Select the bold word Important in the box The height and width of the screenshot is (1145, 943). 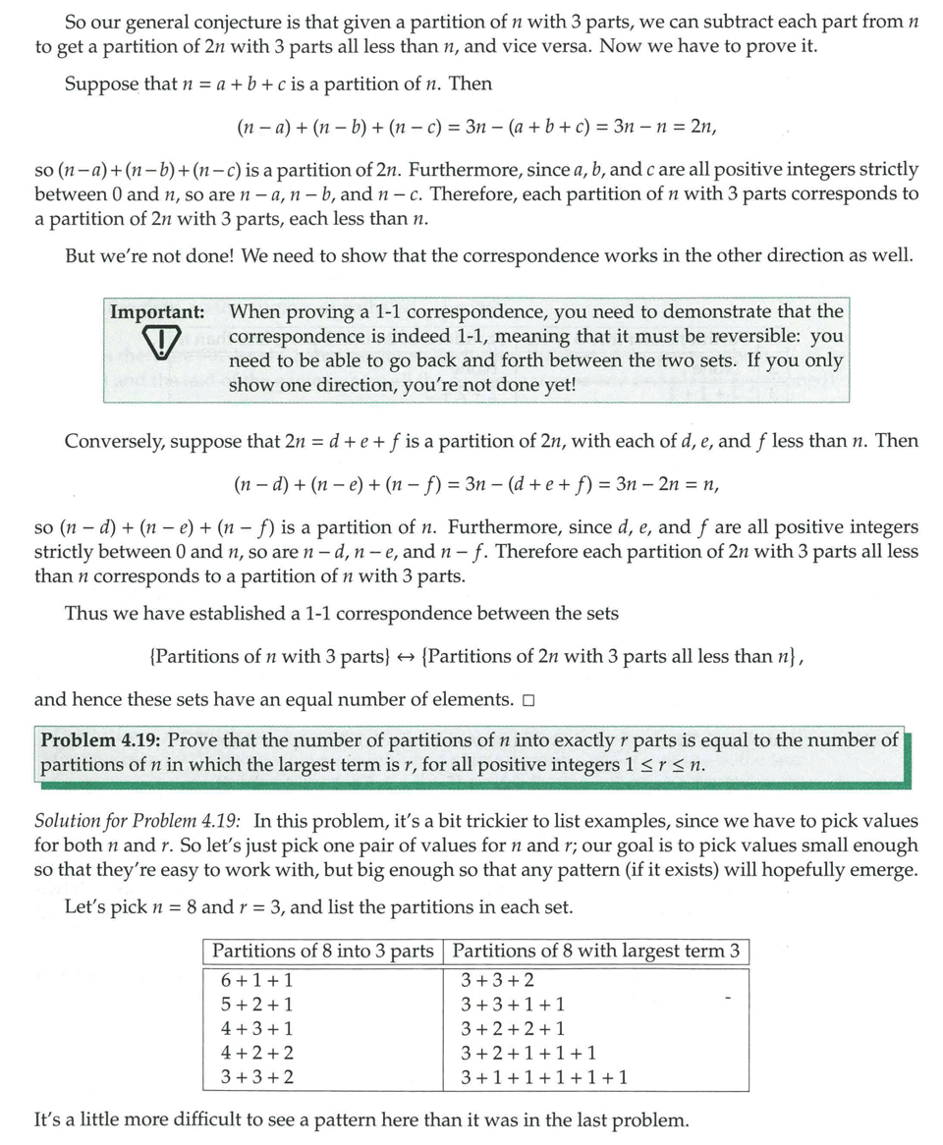157,312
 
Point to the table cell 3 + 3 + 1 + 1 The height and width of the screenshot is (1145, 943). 512,1005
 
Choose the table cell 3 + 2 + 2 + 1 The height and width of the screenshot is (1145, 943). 512,1029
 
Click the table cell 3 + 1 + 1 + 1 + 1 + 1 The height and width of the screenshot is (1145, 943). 543,1078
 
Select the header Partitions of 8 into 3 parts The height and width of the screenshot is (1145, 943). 322,951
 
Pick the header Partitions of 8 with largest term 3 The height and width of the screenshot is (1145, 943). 596,951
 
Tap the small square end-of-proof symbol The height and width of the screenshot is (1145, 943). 529,700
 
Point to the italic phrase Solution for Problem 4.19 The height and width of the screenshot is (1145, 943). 138,821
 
